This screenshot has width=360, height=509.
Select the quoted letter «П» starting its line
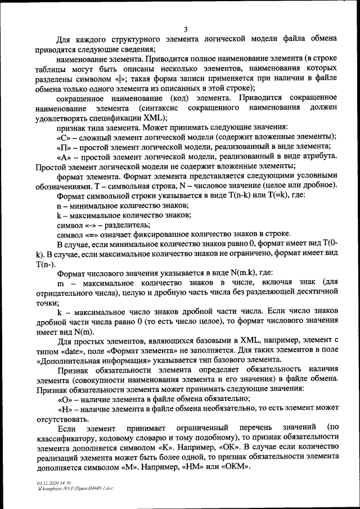point(64,147)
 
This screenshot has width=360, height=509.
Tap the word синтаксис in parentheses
point(159,108)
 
